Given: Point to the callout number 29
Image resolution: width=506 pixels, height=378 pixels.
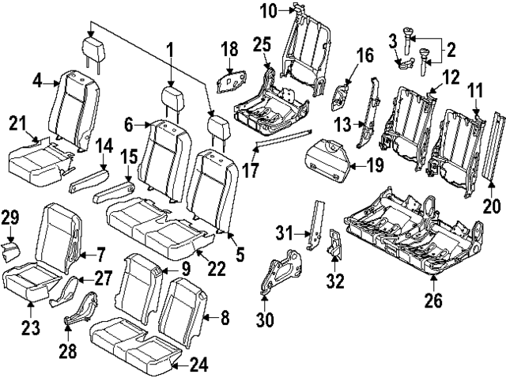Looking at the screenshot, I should [9, 217].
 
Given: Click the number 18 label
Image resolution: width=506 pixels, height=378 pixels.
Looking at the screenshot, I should [228, 52].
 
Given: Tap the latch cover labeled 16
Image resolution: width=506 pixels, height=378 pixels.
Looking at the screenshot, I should [340, 96].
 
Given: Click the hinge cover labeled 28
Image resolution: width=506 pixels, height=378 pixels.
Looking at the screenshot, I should [81, 310].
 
